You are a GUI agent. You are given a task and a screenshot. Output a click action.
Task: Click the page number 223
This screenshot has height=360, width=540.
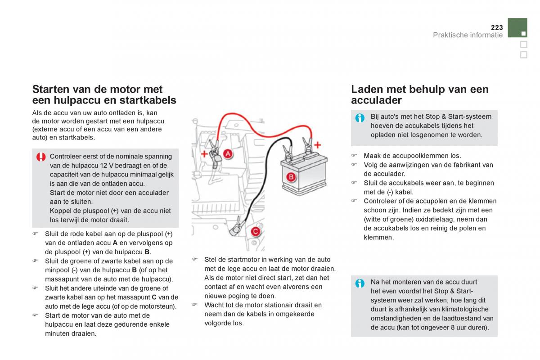[x=496, y=27]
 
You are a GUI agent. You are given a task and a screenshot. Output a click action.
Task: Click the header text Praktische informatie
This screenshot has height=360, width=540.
[x=468, y=35]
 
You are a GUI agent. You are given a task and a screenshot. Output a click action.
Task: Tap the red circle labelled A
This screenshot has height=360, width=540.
[x=228, y=154]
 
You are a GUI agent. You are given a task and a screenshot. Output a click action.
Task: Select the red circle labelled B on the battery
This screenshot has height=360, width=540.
[x=291, y=177]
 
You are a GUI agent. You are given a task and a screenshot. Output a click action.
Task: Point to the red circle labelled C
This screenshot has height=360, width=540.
[x=255, y=231]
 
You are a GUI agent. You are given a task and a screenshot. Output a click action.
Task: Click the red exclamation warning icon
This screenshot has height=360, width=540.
[x=41, y=157]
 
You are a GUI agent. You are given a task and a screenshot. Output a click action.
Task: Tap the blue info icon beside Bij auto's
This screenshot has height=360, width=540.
[x=360, y=118]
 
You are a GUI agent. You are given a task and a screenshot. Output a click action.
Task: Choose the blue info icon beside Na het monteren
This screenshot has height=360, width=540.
[x=360, y=283]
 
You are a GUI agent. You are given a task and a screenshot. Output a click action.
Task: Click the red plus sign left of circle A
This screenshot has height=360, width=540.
[x=204, y=154]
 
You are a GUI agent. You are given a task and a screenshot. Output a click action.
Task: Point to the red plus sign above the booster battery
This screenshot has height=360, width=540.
[x=318, y=145]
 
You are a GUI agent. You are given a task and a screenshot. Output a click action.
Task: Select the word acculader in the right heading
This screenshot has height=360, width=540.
[x=376, y=100]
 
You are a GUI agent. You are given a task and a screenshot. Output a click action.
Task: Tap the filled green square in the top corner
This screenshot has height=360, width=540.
[x=517, y=28]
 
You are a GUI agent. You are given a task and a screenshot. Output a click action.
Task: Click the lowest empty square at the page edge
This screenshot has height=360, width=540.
[x=523, y=55]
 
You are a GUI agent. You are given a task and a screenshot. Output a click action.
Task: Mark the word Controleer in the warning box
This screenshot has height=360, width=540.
[x=66, y=157]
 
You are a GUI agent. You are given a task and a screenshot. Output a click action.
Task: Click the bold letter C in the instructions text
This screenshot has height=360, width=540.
[x=154, y=297]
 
